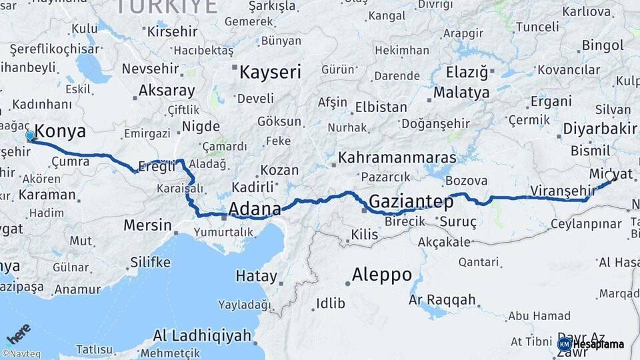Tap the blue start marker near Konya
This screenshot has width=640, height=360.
coord(30,136)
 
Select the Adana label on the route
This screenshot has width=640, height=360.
coord(254,209)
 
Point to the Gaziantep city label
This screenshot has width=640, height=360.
coord(411,201)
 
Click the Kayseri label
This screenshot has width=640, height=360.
coord(270,72)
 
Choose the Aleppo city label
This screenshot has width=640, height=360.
coord(381,275)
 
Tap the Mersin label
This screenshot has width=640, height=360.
coord(147,225)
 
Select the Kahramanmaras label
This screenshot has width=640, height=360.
coord(397,158)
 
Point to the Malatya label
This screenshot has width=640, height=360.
coord(461,93)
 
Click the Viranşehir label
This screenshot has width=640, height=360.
coord(562,191)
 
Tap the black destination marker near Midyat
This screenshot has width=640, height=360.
coord(613,178)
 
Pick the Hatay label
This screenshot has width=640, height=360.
coord(257,276)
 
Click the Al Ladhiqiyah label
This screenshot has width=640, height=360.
coord(201,335)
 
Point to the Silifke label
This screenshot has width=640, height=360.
coord(150,261)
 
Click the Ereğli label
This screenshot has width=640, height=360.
coord(156,167)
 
